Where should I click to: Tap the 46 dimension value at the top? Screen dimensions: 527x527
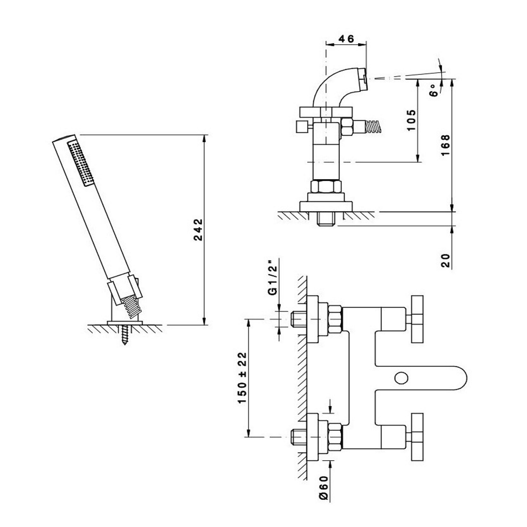[346, 39]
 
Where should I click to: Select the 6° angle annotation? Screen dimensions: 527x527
[434, 90]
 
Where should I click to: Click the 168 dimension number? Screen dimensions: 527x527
[446, 145]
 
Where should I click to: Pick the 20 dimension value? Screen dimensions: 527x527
[446, 260]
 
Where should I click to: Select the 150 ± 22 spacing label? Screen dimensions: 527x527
[242, 377]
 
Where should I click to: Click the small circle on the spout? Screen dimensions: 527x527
[401, 378]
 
